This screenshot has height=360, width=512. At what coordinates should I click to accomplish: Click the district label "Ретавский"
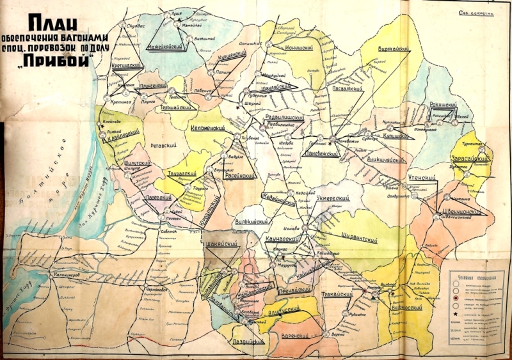click(162, 145)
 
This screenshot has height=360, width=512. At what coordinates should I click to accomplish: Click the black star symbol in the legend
click(456, 314)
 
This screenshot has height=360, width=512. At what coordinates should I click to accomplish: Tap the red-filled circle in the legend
click(456, 298)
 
